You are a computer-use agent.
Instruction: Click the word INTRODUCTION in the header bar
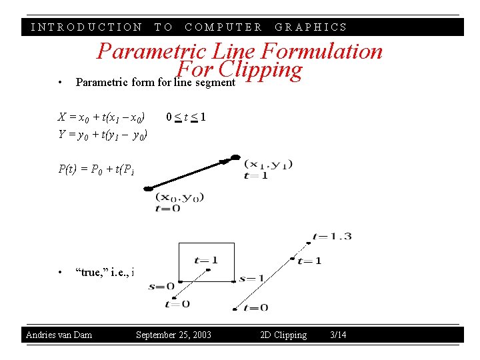(87, 27)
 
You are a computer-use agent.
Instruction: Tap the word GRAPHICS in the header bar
(311, 27)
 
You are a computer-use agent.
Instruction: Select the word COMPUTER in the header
(223, 27)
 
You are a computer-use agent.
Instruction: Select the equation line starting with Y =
(103, 135)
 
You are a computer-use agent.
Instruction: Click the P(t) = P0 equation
(97, 169)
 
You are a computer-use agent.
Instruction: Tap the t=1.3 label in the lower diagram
(331, 236)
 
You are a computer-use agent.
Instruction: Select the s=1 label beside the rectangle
(251, 278)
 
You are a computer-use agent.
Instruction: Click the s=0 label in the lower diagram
(161, 287)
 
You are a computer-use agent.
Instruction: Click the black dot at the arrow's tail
(149, 189)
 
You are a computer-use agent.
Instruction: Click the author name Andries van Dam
(59, 335)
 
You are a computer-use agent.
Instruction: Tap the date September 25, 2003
(173, 335)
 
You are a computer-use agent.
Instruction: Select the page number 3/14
(338, 335)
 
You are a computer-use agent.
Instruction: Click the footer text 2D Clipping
(283, 335)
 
